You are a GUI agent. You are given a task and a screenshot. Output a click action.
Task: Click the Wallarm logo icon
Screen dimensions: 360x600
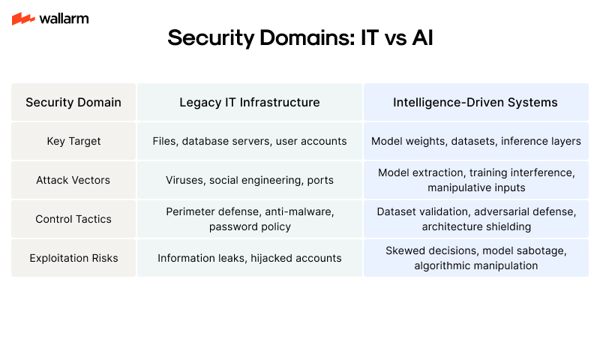(x=23, y=19)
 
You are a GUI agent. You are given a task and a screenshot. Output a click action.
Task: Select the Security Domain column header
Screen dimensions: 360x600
(x=73, y=102)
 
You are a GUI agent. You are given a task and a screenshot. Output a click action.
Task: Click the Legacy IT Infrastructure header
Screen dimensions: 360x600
(x=250, y=102)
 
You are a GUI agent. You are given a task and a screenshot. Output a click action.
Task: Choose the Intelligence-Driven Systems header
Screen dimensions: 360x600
(x=475, y=102)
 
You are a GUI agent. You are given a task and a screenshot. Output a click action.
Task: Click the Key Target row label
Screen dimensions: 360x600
(x=73, y=141)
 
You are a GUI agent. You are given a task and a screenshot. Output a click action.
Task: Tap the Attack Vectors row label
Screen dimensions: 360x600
(x=73, y=180)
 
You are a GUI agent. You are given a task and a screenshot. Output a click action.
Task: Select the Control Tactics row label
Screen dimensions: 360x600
(x=73, y=219)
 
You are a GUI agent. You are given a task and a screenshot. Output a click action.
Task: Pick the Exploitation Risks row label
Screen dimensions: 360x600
(x=73, y=258)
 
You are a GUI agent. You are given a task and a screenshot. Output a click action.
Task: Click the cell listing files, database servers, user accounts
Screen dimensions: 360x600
(x=250, y=141)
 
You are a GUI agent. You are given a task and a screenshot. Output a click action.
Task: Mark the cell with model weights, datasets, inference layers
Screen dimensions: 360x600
(x=475, y=141)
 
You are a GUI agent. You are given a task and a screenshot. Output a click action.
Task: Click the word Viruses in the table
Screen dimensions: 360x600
(x=184, y=180)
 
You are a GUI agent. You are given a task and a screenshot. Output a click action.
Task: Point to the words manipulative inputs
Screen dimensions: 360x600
(x=475, y=187)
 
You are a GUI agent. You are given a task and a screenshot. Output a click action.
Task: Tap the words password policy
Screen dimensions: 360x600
(x=250, y=226)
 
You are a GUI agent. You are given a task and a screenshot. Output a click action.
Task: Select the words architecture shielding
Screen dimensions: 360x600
(x=475, y=226)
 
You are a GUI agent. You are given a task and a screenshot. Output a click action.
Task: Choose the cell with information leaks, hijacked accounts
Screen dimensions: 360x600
(x=250, y=258)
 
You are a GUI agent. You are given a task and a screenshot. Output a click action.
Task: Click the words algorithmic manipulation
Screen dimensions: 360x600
(x=475, y=265)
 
